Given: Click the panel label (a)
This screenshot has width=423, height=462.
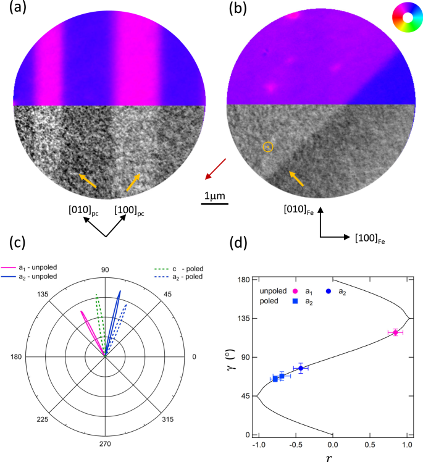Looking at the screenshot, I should point(14,9).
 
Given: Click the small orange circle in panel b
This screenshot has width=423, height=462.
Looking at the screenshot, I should point(267,146).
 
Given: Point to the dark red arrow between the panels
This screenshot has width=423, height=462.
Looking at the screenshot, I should point(216,169).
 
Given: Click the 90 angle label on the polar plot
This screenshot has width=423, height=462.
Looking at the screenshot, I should point(105,269).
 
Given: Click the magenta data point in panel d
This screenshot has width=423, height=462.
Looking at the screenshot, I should point(395,332).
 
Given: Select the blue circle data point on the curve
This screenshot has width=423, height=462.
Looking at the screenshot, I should point(301,368).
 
